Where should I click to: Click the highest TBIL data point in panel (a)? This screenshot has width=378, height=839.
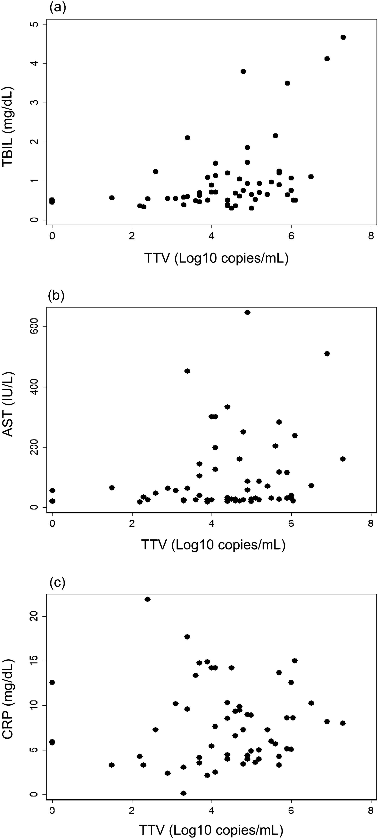coord(343,37)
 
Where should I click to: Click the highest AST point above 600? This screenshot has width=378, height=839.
coord(247,312)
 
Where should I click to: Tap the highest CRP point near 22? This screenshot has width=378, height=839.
coord(147,599)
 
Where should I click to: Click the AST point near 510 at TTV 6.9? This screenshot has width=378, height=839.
coord(327,354)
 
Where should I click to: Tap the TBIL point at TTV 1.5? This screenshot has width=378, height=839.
coord(112,198)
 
